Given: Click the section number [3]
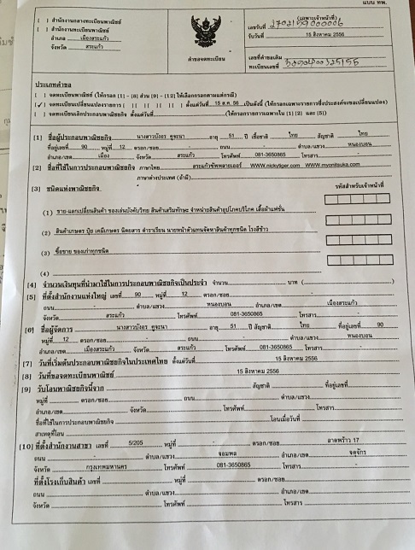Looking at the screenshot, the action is click(37, 188).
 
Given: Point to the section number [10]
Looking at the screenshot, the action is click(36, 447).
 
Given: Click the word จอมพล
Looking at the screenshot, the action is click(225, 455).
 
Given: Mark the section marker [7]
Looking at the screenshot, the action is click(36, 362).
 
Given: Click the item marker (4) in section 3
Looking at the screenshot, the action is click(47, 273).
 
